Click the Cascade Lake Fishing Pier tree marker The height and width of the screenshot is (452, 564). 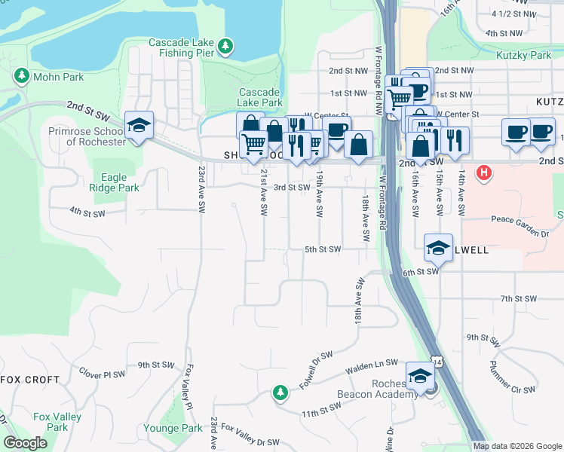click(225, 47)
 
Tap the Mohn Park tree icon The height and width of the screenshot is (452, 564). click(21, 75)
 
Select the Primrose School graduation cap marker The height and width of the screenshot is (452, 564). click(139, 125)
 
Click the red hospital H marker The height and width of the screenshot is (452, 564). click(484, 173)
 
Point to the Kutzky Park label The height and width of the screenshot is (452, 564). click(524, 55)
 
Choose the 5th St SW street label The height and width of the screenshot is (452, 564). click(323, 249)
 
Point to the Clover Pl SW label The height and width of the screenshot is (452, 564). click(102, 374)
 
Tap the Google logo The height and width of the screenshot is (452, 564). click(25, 443)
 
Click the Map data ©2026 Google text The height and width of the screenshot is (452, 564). click(517, 446)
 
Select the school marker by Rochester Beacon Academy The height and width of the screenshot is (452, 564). click(420, 375)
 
